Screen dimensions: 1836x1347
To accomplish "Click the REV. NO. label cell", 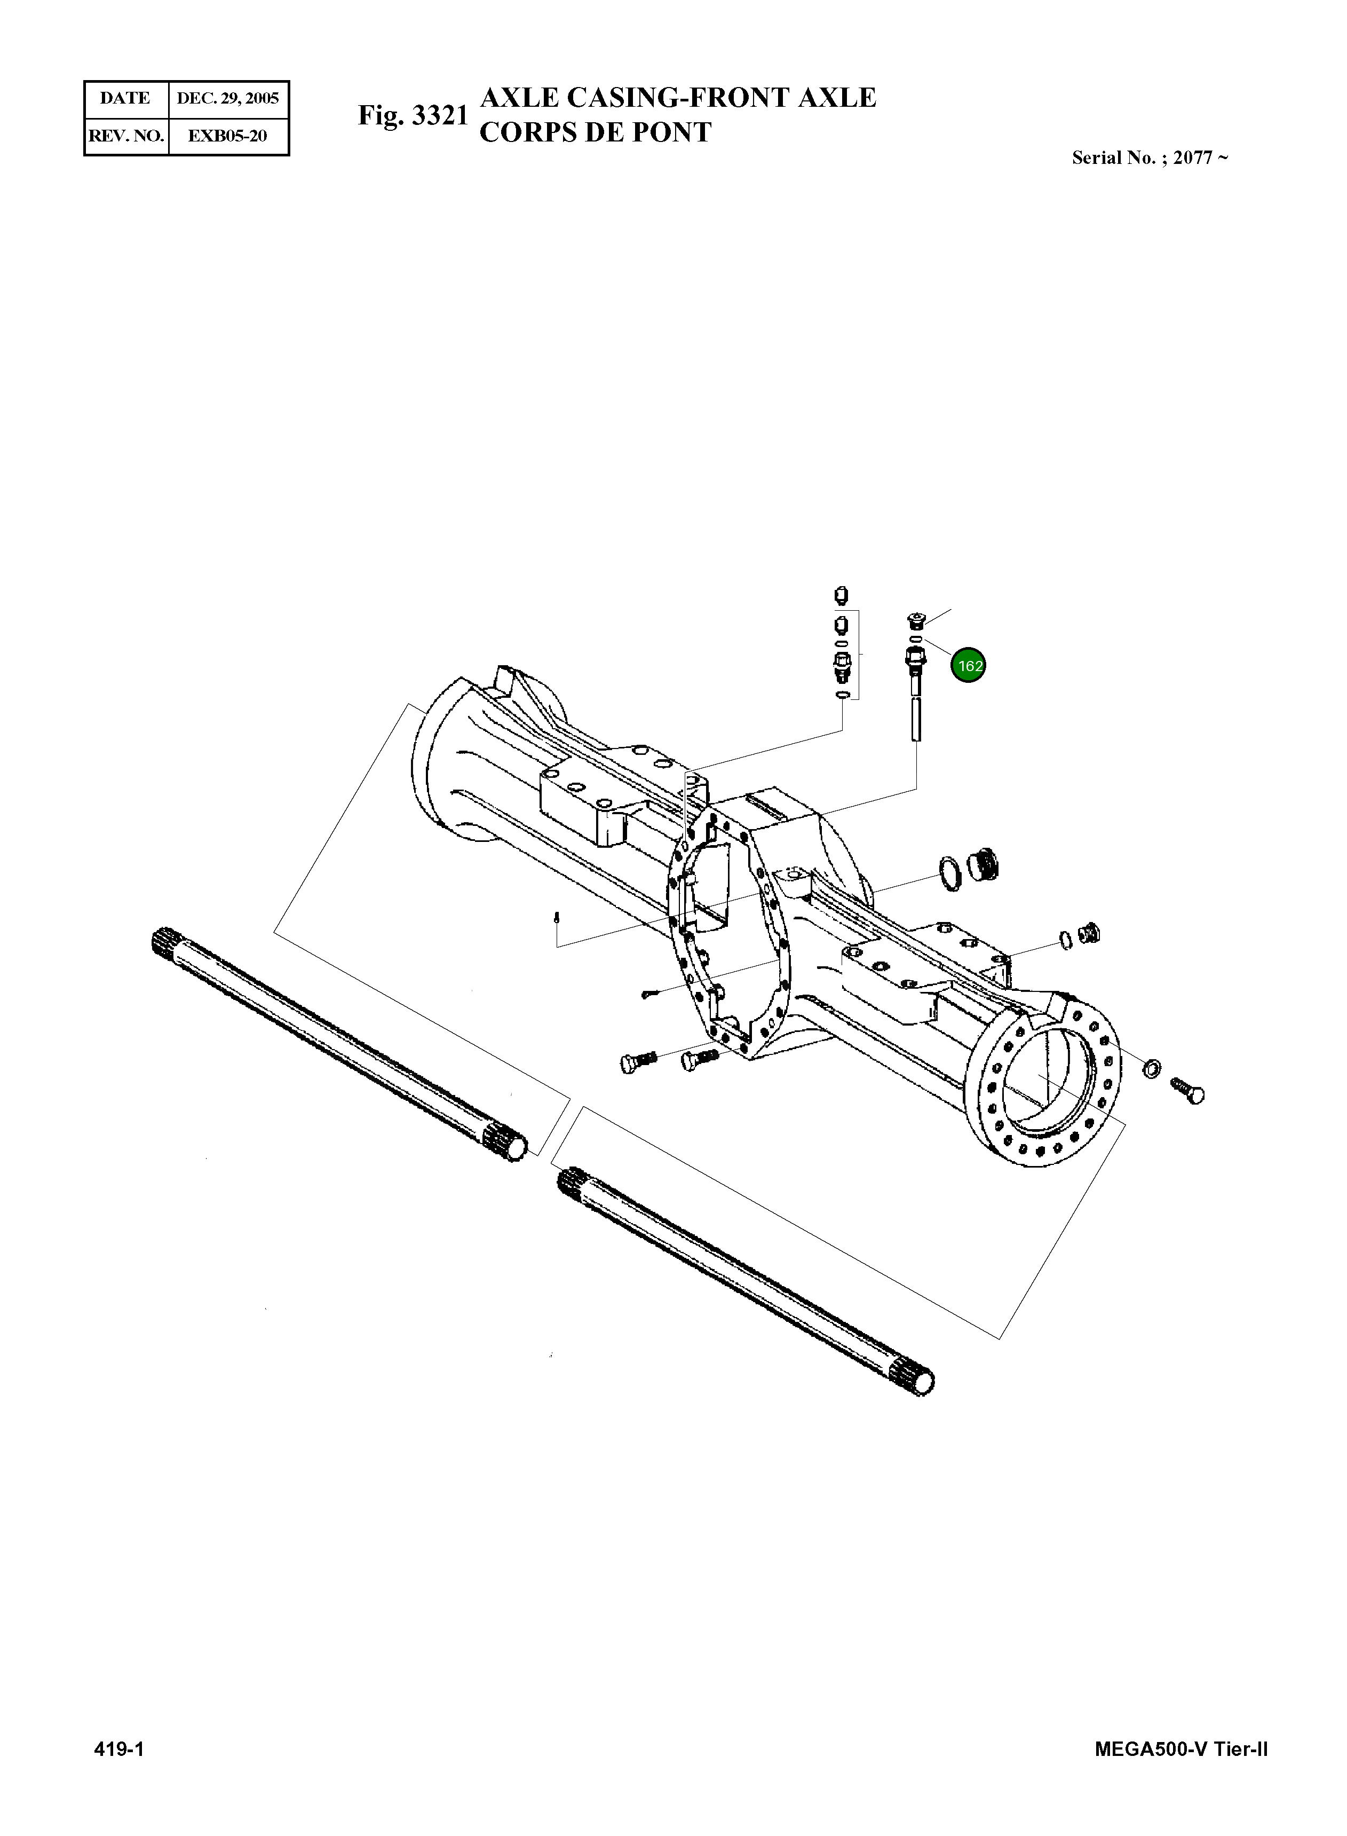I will click(126, 136).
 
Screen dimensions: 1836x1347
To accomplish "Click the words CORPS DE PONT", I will click(595, 132).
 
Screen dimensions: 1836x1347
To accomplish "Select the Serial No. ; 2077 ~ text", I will click(1150, 158).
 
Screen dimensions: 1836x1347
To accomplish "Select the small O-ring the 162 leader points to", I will click(916, 640).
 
